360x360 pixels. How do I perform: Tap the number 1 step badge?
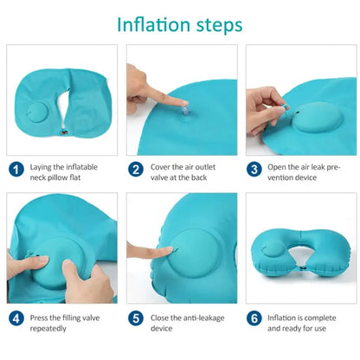tap(16, 170)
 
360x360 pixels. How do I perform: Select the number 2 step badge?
tap(136, 170)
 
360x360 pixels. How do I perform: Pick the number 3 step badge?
tap(254, 170)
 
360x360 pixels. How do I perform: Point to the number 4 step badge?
tap(16, 318)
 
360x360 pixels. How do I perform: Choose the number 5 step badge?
tap(136, 318)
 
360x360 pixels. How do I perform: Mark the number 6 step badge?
tap(254, 318)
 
